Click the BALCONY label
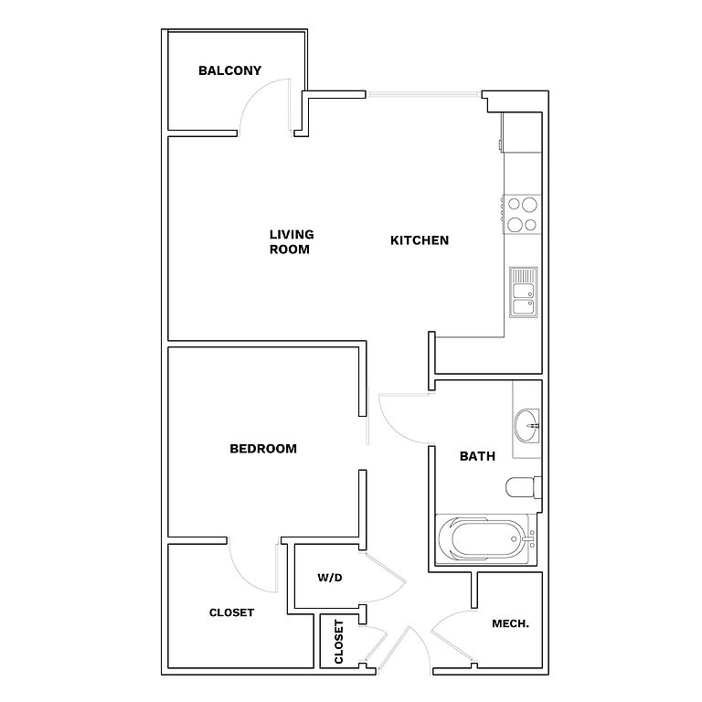pos(229,70)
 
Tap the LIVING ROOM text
pos(291,241)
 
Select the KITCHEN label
pos(420,240)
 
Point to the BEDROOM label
pos(263,449)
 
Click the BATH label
pos(477,455)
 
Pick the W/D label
pos(330,578)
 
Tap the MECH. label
pos(510,623)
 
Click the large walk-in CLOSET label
pos(231,612)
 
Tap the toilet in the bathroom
pos(524,487)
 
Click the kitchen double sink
pos(523,291)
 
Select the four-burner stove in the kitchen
pos(522,214)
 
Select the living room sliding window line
pos(424,93)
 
